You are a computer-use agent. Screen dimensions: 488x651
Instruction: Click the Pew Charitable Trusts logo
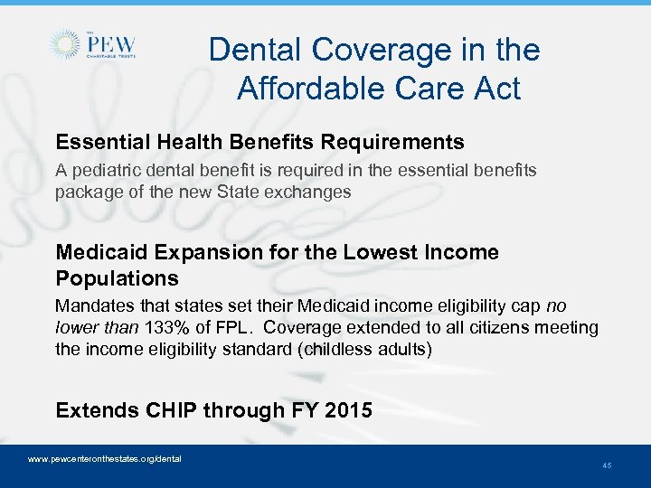pos(94,44)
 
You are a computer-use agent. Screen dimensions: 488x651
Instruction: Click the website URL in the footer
pos(105,459)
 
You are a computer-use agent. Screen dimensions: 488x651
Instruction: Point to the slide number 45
pos(607,465)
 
